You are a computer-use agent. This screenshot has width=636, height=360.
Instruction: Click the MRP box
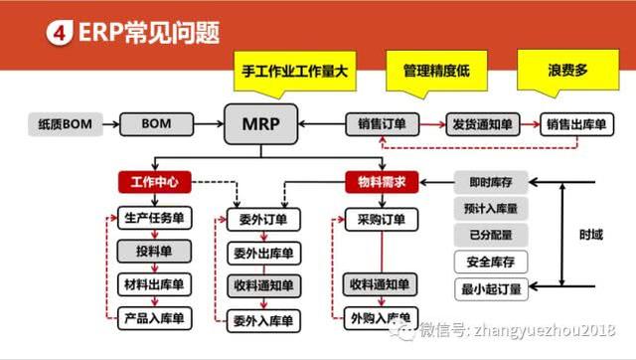coord(259,124)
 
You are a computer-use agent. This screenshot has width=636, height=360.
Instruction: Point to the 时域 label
coord(589,237)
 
